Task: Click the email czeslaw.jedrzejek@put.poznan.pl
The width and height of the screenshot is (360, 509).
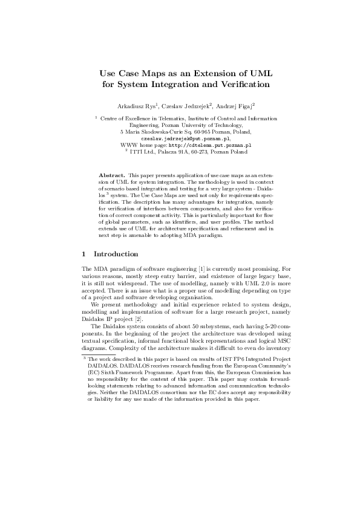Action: [180, 138]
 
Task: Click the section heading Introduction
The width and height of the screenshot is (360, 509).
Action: [116, 254]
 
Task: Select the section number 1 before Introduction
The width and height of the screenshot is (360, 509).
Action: [83, 254]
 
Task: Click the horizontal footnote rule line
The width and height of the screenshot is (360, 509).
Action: [90, 355]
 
